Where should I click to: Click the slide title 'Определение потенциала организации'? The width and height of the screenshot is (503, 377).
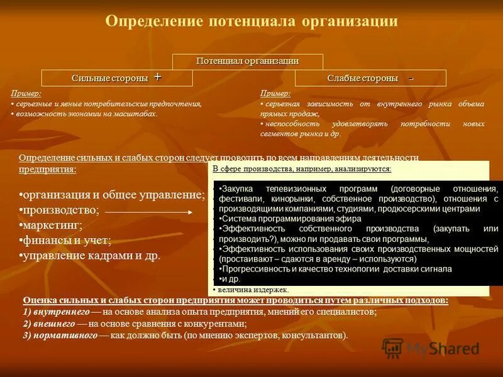tap(251, 21)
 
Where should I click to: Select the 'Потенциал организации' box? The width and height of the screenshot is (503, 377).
tap(247, 61)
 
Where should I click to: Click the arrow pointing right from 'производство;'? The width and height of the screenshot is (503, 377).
tap(148, 212)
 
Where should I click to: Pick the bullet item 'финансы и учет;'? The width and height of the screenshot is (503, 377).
tap(65, 240)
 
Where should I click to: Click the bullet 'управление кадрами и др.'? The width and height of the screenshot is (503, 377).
tap(91, 256)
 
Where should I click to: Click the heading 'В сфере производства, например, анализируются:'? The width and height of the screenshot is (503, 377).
tap(302, 169)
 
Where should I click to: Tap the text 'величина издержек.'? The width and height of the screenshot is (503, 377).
tap(251, 290)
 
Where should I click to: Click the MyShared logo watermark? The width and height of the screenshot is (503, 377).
tap(431, 348)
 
